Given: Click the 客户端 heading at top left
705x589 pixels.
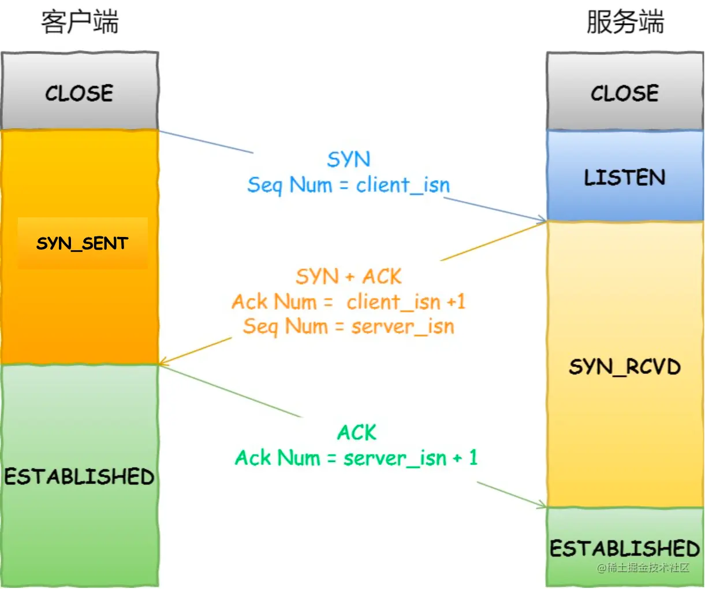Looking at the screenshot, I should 80,23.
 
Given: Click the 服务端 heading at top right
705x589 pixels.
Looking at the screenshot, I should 625,23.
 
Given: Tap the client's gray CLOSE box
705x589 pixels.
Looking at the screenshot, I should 80,92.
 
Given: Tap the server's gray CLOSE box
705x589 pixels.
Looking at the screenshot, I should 625,92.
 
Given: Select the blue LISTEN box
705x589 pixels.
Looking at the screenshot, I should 625,177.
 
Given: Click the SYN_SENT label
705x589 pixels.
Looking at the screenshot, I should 82,243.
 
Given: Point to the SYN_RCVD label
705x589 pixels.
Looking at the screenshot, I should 625,366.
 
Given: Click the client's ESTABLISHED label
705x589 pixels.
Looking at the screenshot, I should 80,477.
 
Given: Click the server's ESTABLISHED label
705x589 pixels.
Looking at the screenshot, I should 625,548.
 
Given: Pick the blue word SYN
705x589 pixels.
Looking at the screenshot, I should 349,160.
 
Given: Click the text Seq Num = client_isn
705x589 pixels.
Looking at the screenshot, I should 349,185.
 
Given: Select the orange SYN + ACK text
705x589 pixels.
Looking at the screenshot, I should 349,277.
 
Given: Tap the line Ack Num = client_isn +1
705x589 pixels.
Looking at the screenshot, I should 349,302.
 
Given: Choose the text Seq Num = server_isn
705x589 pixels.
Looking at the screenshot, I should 349,327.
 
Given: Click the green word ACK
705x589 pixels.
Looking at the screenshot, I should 357,433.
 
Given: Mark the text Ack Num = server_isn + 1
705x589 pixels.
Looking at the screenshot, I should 356,458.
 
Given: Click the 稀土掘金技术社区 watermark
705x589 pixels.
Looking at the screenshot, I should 643,568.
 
